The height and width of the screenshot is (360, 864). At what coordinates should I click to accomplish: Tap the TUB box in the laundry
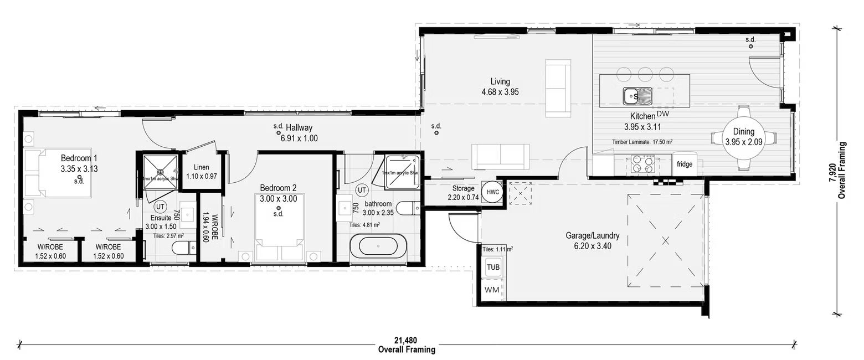(492, 267)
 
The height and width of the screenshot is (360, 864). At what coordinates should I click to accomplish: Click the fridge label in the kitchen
(685, 164)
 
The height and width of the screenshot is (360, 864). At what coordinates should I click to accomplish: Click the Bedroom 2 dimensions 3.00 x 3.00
(279, 199)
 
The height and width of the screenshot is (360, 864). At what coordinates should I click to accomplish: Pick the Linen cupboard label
(202, 168)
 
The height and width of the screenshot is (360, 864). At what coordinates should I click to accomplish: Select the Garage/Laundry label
(592, 236)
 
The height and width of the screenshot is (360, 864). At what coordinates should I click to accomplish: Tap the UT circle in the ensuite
(161, 207)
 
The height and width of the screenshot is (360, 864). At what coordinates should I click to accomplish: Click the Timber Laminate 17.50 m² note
(642, 142)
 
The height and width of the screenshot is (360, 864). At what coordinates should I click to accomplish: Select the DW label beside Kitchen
(663, 114)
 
